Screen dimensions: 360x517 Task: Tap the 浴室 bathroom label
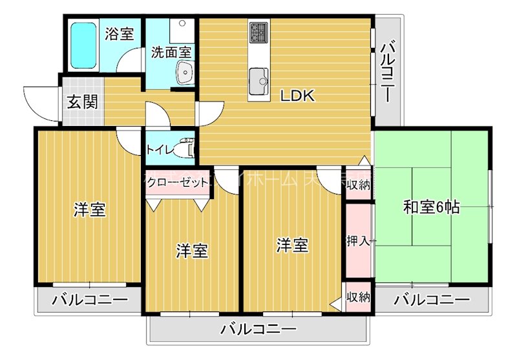(x=120, y=33)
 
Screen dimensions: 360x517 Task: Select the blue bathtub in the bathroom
(x=83, y=45)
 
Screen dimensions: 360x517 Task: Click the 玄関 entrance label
(x=83, y=101)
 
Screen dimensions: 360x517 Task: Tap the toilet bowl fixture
(x=187, y=148)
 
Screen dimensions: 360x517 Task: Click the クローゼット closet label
(x=176, y=182)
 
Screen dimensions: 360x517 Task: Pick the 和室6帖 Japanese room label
(x=432, y=207)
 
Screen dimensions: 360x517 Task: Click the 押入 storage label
(x=357, y=241)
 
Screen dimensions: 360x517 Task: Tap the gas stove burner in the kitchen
(x=258, y=32)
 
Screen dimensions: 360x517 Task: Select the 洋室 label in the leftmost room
(x=89, y=210)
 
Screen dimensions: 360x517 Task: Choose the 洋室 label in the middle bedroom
(x=192, y=251)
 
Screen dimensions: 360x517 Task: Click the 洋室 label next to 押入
(x=293, y=246)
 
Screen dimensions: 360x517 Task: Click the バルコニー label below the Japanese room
(x=432, y=300)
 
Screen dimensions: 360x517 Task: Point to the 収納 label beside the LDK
(x=358, y=185)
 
